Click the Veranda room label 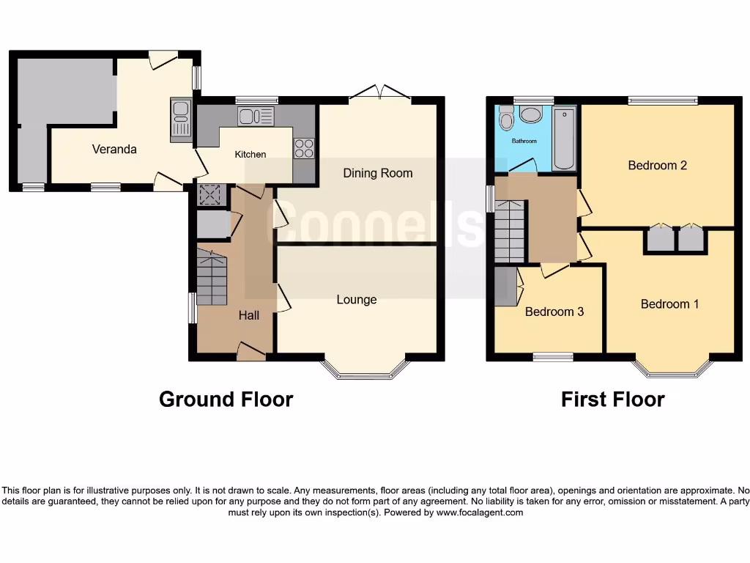tap(114, 149)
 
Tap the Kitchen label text tap(250, 155)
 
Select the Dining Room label tap(378, 173)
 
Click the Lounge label tap(357, 299)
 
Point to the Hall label tap(249, 315)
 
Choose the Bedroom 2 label tap(657, 165)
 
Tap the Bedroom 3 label tap(554, 312)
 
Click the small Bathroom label tap(524, 141)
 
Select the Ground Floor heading tap(226, 400)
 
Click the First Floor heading tap(612, 400)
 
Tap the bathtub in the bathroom tap(564, 139)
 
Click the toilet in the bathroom tap(506, 119)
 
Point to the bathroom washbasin tap(530, 115)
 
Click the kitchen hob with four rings tap(304, 149)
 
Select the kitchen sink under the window tap(256, 116)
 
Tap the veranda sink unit tap(180, 119)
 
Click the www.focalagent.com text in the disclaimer tap(480, 513)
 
